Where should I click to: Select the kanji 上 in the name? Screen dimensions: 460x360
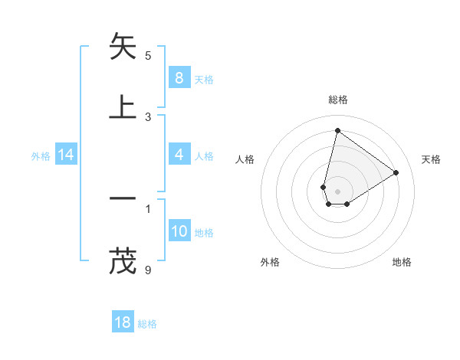coord(123,106)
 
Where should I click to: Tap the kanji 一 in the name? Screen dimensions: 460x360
coord(123,198)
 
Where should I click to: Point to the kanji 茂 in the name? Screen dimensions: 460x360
coord(123,260)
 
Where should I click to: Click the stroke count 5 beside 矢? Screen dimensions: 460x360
coord(148,55)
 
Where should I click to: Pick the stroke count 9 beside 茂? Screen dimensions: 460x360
coord(148,270)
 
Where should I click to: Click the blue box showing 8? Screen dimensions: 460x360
coord(179,77)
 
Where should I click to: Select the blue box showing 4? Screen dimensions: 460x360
coord(179,155)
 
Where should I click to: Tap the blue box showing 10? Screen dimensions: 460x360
coord(179,231)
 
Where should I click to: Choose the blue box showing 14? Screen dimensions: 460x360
coord(66,155)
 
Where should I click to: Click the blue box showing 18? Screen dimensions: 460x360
coord(123,322)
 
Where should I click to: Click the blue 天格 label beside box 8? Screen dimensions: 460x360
coord(204,79)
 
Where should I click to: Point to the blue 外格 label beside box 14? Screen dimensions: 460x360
coord(41,155)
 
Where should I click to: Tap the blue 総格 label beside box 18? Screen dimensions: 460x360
coord(148,324)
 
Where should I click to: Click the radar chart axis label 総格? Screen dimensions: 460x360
coord(337,100)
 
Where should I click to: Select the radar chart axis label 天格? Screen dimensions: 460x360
coord(432,159)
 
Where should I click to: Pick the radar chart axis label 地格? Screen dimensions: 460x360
coord(402,262)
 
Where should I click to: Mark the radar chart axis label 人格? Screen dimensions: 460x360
coord(245,159)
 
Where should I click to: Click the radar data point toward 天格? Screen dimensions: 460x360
coord(396,172)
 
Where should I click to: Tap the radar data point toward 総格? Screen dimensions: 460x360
coord(337,130)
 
